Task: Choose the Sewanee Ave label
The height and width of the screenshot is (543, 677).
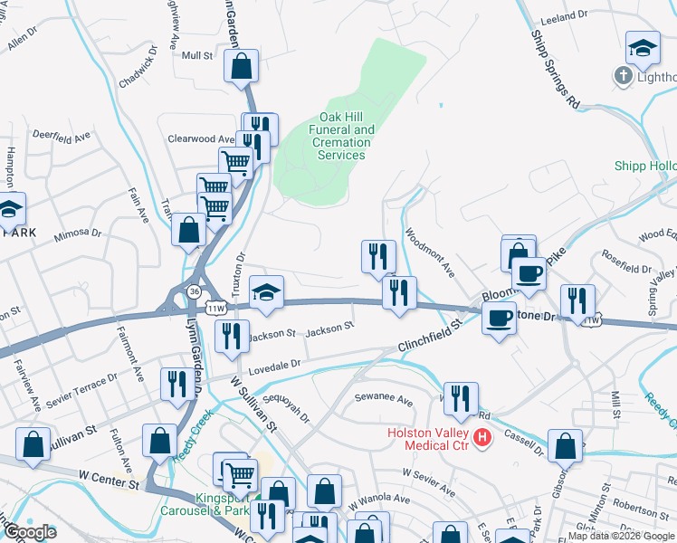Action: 383,397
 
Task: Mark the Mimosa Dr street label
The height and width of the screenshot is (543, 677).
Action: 78,233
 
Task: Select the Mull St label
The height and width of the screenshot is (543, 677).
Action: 196,55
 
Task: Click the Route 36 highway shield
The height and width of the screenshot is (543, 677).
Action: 194,290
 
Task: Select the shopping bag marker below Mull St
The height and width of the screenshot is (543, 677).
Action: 241,66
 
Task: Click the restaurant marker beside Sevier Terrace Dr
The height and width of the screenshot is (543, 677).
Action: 173,384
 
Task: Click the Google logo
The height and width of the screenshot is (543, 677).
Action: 30,532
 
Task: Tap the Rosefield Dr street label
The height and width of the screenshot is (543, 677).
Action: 625,269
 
